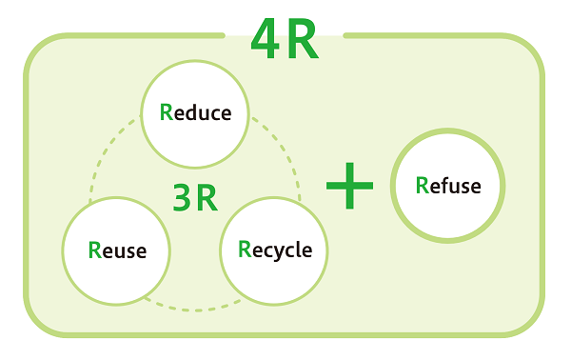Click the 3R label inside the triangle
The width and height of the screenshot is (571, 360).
point(195,196)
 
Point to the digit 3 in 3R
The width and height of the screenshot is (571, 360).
point(183,196)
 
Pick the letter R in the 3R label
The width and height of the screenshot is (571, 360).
point(207,196)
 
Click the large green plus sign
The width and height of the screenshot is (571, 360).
point(349,185)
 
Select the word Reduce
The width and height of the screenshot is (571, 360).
point(196,113)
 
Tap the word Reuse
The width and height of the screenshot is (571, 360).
point(117,250)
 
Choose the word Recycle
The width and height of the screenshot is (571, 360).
point(275,250)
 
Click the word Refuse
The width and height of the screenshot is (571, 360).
point(448,185)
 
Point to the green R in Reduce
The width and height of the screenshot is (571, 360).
point(167,113)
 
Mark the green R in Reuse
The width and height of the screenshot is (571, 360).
point(94,250)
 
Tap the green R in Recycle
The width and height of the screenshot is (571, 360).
point(245,250)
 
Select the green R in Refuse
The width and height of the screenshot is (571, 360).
point(423,185)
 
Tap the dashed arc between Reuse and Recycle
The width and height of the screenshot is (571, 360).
point(195,308)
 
